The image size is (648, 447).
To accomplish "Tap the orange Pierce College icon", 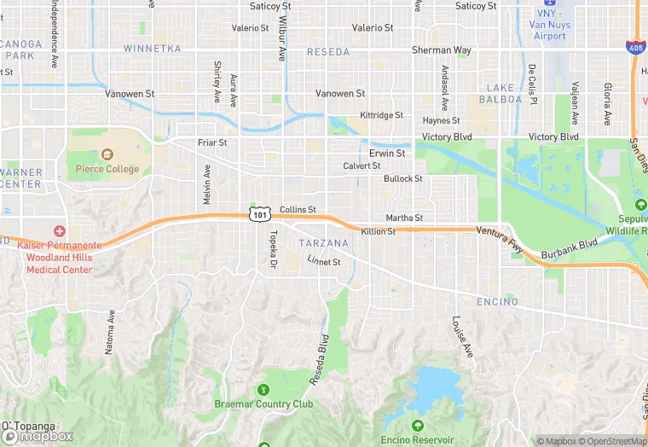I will [107, 154].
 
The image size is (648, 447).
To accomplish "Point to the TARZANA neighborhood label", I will [324, 243].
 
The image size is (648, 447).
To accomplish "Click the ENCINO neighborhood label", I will [496, 302].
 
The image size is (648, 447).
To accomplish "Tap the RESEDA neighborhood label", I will [327, 52].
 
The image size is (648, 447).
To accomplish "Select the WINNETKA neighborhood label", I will [152, 49].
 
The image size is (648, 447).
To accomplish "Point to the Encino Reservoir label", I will [417, 439].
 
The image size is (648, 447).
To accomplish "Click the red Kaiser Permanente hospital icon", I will [59, 230].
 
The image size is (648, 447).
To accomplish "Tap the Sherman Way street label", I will [442, 50].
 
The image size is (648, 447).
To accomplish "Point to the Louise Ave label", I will [462, 338].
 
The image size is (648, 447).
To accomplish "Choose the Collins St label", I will [298, 209].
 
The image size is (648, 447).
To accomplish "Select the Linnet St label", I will [324, 262].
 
